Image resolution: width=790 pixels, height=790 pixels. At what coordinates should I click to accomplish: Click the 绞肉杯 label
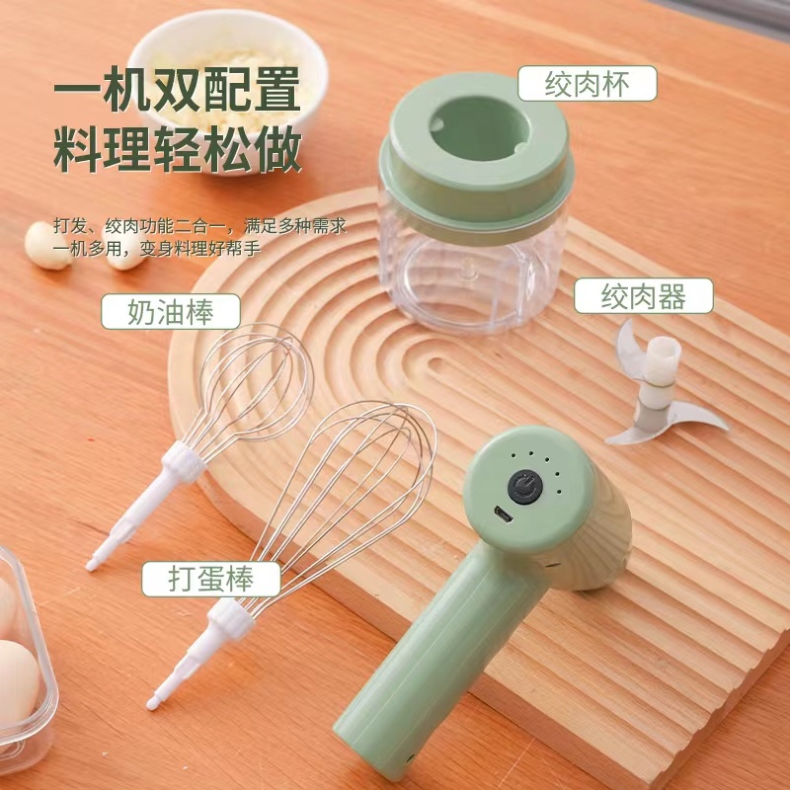point(588,84)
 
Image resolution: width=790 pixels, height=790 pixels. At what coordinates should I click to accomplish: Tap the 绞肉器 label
point(644,296)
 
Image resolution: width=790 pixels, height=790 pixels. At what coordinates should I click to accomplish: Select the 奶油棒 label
point(171,311)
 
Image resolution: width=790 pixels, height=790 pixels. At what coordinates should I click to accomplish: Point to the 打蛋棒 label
point(211,579)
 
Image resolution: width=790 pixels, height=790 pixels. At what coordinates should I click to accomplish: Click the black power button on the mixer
point(525,487)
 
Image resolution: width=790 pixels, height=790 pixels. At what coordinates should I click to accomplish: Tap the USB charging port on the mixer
point(504,514)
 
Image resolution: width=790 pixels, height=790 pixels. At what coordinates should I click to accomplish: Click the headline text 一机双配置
point(178,89)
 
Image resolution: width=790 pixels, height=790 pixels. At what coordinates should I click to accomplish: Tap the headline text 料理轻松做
point(178,149)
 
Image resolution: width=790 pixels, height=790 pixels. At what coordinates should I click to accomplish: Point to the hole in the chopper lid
point(479,127)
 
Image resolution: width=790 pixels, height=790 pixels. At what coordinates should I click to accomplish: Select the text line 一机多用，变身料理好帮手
point(157,249)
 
